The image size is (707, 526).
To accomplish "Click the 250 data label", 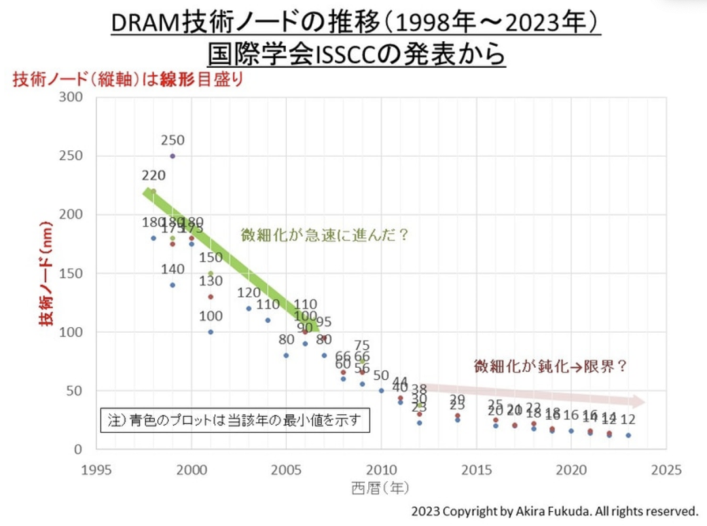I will pyautogui.click(x=173, y=140).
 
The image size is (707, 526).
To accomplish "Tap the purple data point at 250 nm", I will pyautogui.click(x=173, y=156).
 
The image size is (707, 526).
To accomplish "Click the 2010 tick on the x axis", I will pyautogui.click(x=381, y=470).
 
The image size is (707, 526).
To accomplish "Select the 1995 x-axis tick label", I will pyautogui.click(x=97, y=470).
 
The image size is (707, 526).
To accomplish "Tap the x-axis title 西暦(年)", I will pyautogui.click(x=380, y=488).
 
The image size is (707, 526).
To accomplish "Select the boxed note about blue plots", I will pyautogui.click(x=235, y=420).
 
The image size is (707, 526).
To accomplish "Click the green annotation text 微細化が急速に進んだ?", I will pyautogui.click(x=325, y=235).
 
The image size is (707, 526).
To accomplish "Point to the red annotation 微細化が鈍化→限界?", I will pyautogui.click(x=551, y=366).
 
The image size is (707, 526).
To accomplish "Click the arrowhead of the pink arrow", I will pyautogui.click(x=638, y=402).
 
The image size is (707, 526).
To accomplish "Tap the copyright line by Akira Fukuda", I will pyautogui.click(x=555, y=511).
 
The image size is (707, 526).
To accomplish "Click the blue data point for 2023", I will pyautogui.click(x=628, y=435).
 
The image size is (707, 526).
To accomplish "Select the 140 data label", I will pyautogui.click(x=173, y=269).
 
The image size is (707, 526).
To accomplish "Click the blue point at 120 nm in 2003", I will pyautogui.click(x=249, y=309).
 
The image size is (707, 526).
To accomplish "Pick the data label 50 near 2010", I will pyautogui.click(x=381, y=375).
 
